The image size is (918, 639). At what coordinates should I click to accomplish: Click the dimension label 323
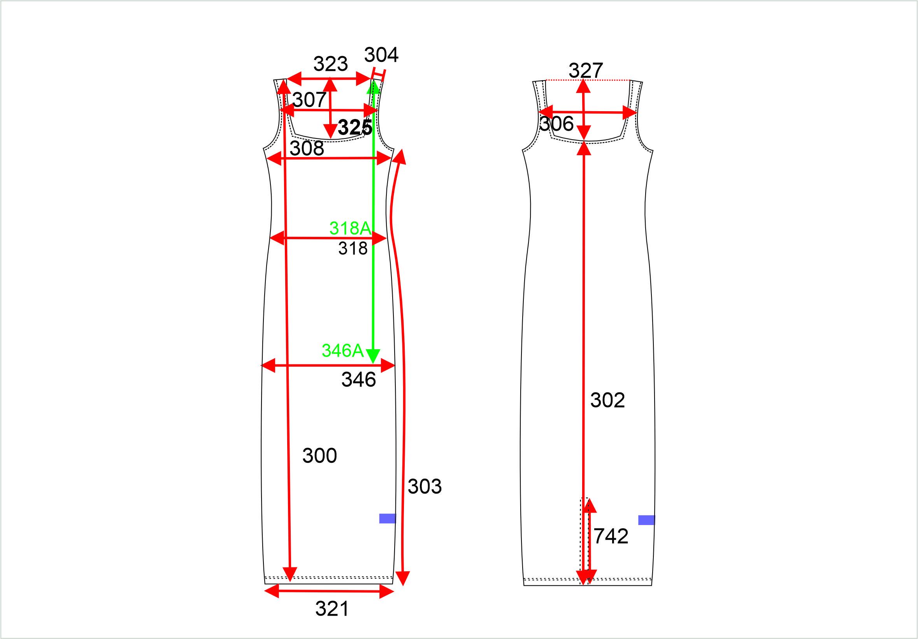pos(330,64)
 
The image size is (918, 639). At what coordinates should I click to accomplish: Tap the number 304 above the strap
pos(381,55)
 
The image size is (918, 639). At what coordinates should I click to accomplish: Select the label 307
pos(309,100)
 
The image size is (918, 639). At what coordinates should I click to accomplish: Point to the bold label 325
pos(355,128)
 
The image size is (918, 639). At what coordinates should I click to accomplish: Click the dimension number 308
pos(307,148)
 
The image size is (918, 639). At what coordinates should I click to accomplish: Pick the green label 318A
pos(350,228)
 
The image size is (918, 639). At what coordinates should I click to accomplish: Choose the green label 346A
pos(343,350)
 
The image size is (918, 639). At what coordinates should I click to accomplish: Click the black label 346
pos(359,379)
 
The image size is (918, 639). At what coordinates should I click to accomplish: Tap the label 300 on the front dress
pos(319,455)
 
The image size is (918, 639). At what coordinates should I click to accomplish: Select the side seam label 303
pos(425,486)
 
